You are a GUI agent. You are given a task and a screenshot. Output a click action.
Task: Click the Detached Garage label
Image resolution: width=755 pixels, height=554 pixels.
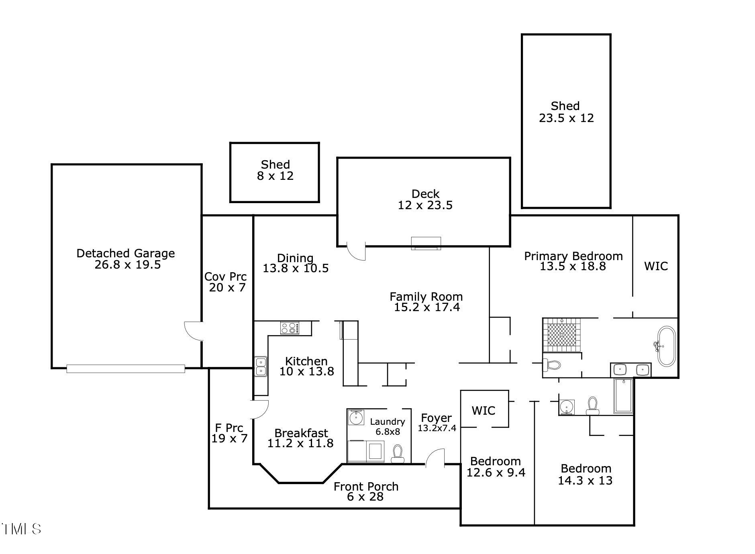[x=126, y=254]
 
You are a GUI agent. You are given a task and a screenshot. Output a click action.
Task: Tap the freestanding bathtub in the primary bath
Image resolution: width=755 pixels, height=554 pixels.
[x=666, y=346]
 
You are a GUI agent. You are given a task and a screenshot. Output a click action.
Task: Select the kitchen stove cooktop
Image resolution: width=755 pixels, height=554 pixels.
[x=290, y=328]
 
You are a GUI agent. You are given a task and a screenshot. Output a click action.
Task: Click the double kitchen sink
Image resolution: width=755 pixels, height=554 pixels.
[x=261, y=367]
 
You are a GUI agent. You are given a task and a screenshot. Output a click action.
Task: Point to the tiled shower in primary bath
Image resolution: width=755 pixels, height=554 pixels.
[x=562, y=334]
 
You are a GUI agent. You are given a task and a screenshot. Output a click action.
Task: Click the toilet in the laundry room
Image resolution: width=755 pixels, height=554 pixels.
[x=398, y=454]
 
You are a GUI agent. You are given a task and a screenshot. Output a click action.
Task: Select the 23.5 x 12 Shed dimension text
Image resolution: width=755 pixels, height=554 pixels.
[x=566, y=118]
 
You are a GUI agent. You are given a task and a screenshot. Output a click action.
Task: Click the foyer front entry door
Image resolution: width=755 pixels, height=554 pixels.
[x=435, y=458]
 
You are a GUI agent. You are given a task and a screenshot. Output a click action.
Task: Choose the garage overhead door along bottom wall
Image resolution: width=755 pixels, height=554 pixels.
[x=126, y=369]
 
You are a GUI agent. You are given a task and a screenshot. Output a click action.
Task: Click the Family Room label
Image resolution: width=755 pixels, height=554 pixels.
[x=426, y=297]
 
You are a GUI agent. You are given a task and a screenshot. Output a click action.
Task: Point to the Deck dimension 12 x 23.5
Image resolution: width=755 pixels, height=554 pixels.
[x=425, y=205]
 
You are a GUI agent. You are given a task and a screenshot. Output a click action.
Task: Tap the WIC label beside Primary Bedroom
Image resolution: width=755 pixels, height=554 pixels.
[x=656, y=266]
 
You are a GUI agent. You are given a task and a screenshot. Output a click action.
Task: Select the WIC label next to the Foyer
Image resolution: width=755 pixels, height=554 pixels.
[x=483, y=410]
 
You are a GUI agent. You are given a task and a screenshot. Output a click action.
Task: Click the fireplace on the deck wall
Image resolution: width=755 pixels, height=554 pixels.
[x=426, y=243]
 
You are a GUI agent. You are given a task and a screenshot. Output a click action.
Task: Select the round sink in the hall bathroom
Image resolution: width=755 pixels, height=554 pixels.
[x=567, y=406]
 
